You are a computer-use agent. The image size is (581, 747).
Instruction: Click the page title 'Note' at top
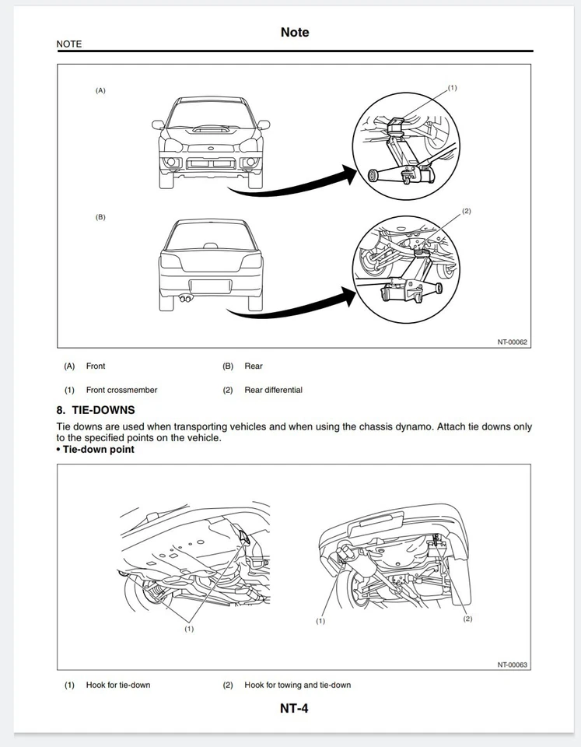tap(294, 32)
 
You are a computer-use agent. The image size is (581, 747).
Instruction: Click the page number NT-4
tap(294, 708)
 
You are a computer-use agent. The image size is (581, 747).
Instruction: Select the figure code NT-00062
tap(513, 341)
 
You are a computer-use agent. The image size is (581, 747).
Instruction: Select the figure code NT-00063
tap(513, 665)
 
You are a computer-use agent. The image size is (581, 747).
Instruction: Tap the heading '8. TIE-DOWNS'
tap(96, 410)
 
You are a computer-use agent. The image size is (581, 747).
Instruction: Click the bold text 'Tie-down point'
tap(98, 449)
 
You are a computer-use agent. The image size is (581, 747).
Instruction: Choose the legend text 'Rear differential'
tap(273, 390)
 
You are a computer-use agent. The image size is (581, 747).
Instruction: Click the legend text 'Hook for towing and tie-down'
tap(297, 685)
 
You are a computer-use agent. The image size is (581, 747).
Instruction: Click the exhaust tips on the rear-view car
tap(185, 297)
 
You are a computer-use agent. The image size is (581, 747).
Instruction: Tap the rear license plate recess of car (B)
tap(211, 285)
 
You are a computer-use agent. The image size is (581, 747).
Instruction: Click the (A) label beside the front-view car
tap(100, 90)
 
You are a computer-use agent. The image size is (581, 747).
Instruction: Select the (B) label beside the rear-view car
tap(100, 217)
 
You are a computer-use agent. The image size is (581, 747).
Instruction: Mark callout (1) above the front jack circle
tap(453, 88)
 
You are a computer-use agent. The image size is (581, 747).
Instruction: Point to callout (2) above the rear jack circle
tap(466, 211)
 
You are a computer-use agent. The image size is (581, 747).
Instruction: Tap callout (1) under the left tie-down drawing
tap(188, 628)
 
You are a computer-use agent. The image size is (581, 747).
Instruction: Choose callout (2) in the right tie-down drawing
tap(467, 619)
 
